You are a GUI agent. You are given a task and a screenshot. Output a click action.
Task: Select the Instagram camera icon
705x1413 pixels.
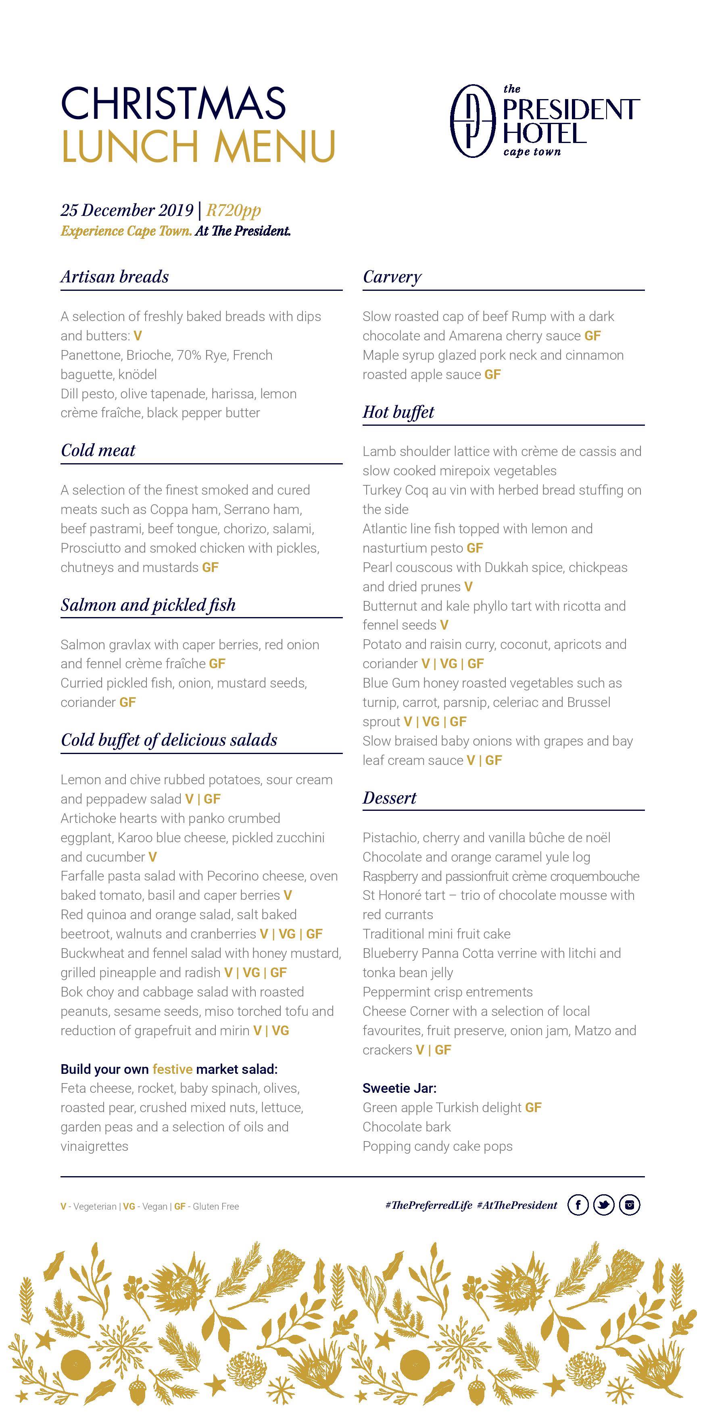click(629, 1205)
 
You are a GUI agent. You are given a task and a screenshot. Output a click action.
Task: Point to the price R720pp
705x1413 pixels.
click(234, 210)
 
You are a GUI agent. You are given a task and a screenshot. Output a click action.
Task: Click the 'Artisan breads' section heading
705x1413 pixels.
click(115, 277)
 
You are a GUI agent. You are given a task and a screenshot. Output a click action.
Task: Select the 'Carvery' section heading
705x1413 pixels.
click(392, 277)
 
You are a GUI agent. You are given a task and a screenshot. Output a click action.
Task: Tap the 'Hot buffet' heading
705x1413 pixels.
click(398, 412)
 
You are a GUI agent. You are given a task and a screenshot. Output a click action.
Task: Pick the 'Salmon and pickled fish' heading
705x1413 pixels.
click(148, 605)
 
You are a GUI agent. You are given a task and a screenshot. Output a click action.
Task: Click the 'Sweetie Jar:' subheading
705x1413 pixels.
click(399, 1088)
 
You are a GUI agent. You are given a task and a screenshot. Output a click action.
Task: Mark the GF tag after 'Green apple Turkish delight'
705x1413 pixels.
click(533, 1107)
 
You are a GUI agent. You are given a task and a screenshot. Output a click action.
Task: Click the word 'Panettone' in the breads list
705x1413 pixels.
click(91, 355)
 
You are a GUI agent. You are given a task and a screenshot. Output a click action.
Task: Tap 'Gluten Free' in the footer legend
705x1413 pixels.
click(216, 1207)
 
